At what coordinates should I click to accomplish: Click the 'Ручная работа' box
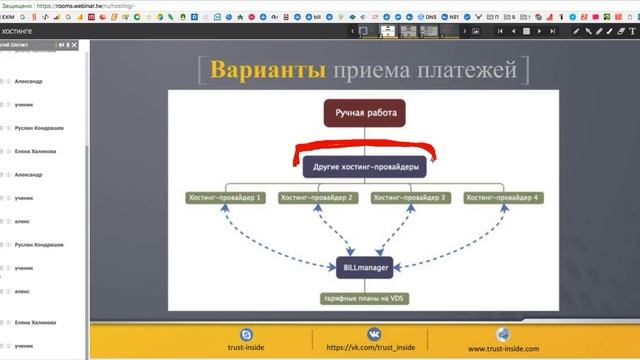365,113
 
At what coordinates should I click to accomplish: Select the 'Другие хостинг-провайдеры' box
364,166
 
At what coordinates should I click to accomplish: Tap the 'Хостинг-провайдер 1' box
226,198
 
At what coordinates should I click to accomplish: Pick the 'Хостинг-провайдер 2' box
318,198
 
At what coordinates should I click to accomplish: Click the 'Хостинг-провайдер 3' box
410,198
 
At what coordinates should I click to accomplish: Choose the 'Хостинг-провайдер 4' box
504,198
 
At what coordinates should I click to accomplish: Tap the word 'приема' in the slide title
370,70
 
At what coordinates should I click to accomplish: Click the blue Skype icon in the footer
246,333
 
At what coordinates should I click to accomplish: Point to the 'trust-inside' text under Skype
246,348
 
